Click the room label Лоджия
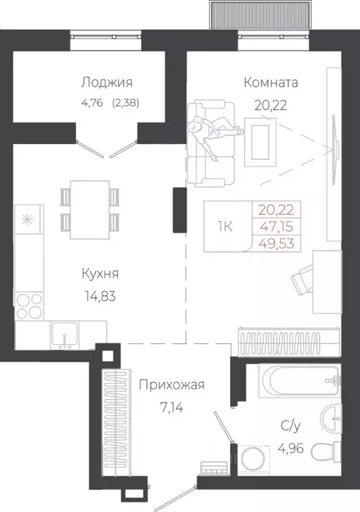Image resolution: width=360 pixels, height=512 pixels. [107, 83]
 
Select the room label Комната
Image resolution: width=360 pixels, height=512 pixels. [271, 83]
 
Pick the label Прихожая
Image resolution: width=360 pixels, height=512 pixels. [171, 385]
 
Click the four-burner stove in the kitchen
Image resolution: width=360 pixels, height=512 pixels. [27, 307]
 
